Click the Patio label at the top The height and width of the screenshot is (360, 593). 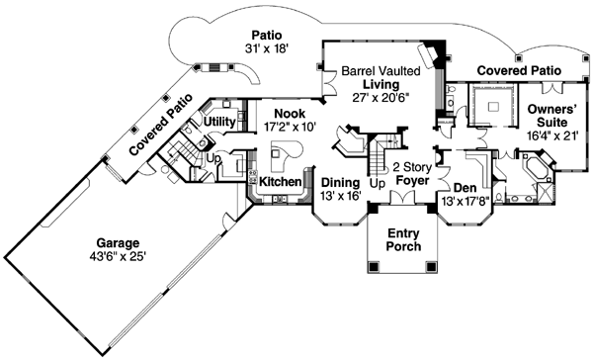tap(265, 33)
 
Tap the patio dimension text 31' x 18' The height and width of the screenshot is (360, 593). tap(265, 48)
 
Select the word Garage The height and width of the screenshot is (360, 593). tap(118, 242)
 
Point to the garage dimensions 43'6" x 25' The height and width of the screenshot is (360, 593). tap(118, 258)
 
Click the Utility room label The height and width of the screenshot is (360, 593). tap(218, 121)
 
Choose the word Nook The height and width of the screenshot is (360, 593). tap(289, 114)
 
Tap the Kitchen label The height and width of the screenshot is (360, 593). tap(280, 183)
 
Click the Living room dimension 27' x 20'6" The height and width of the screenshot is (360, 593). tap(379, 100)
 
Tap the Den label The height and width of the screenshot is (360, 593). tap(465, 188)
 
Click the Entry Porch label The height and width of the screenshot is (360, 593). tap(403, 239)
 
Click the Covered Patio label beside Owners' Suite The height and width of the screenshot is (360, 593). tap(519, 71)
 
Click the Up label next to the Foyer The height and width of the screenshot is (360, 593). tap(377, 184)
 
